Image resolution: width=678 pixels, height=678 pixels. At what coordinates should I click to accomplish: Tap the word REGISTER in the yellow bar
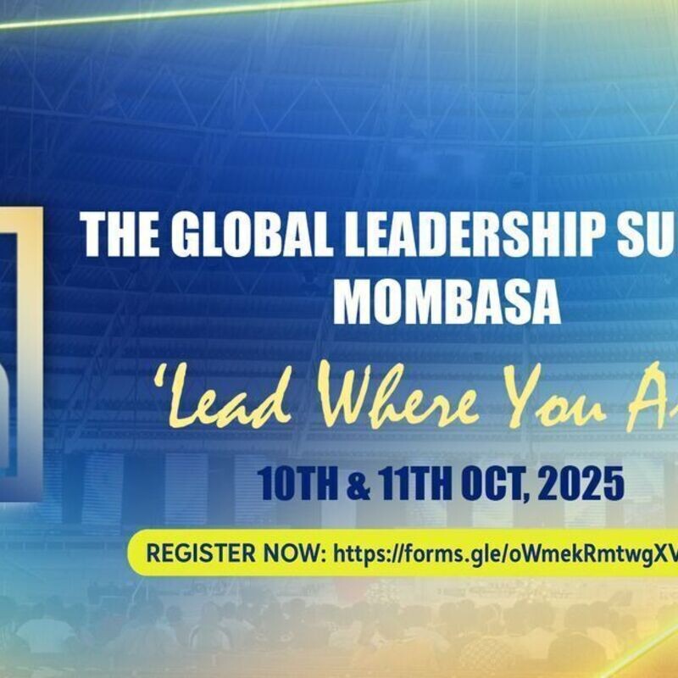click(194, 553)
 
